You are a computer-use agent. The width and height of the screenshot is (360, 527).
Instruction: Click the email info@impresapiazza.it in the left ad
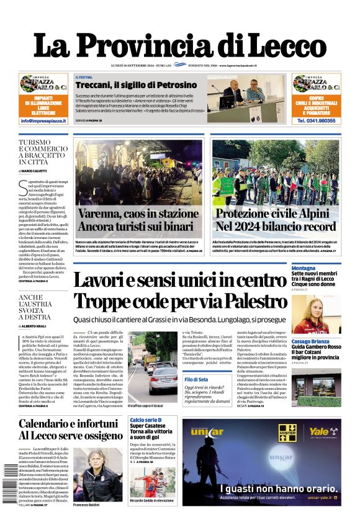43,120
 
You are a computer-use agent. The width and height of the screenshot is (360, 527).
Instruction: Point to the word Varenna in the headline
102,214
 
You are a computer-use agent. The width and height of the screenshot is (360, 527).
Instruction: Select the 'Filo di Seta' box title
196,379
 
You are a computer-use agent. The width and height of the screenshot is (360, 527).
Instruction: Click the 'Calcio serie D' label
146,420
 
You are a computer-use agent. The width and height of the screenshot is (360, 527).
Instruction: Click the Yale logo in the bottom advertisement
318,431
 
